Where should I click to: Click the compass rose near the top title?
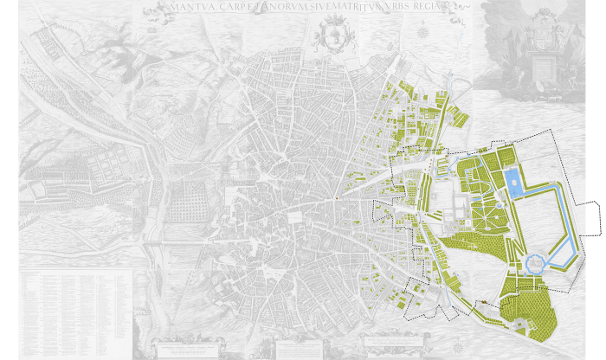(422, 33)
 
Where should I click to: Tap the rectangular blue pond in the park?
(513, 182)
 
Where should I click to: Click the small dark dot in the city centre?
(337, 199)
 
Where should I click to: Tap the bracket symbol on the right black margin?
(598, 218)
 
